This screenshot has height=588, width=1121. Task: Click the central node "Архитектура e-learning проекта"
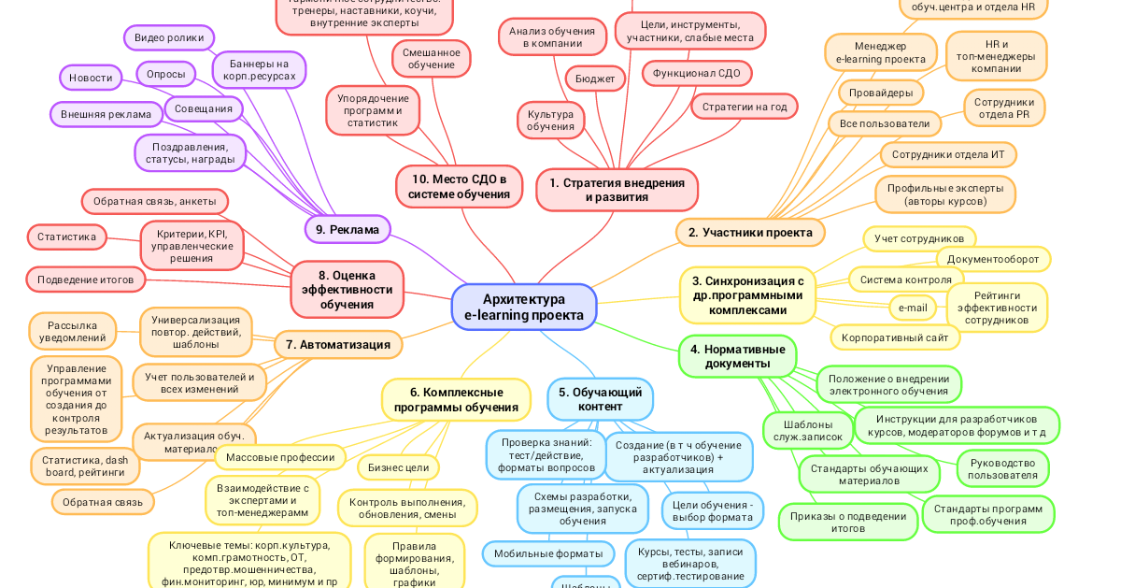524,307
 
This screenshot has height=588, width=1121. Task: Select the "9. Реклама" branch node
348,229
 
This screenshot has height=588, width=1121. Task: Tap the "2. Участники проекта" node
750,232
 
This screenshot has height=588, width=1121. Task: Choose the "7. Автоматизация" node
338,344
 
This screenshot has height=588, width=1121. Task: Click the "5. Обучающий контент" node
600,399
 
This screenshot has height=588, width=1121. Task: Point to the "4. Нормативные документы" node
737,355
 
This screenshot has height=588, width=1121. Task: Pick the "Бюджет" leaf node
595,79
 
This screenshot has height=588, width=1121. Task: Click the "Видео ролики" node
169,37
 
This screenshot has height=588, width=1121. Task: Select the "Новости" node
91,78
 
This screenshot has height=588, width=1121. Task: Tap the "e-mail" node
912,307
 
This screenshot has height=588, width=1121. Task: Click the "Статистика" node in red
66,237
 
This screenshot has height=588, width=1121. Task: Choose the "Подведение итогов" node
85,279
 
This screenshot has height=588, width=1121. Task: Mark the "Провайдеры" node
881,93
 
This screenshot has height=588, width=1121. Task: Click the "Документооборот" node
993,259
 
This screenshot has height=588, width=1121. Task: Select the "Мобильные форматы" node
548,553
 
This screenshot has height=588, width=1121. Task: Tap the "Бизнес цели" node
398,466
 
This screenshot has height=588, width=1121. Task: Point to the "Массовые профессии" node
280,457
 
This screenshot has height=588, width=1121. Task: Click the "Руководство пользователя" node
1002,468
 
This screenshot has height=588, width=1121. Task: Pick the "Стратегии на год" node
744,107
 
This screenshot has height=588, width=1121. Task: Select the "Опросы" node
165,74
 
